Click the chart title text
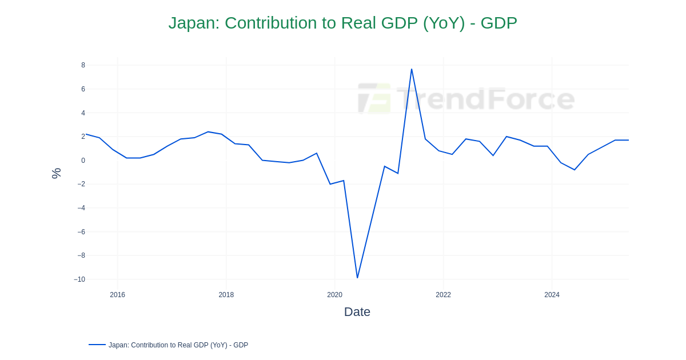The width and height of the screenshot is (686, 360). pyautogui.click(x=342, y=23)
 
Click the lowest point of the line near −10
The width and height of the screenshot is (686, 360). pyautogui.click(x=357, y=278)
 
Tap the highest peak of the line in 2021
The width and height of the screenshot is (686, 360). pyautogui.click(x=412, y=69)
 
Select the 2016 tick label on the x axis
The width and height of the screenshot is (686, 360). pyautogui.click(x=117, y=295)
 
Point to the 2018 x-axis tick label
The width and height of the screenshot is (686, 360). pyautogui.click(x=226, y=295)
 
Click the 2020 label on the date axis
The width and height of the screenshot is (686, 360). pyautogui.click(x=334, y=295)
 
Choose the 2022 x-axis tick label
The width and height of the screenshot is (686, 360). pyautogui.click(x=443, y=295)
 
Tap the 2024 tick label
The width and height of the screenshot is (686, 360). pyautogui.click(x=552, y=295)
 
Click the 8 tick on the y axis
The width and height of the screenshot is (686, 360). pyautogui.click(x=83, y=65)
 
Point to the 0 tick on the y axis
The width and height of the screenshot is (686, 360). pyautogui.click(x=83, y=161)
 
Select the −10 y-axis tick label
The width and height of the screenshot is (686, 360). pyautogui.click(x=79, y=279)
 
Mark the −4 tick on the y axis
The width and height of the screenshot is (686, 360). pyautogui.click(x=81, y=208)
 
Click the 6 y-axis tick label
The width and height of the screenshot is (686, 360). pyautogui.click(x=83, y=89)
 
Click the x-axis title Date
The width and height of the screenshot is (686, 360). pyautogui.click(x=357, y=312)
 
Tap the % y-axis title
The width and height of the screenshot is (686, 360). pyautogui.click(x=56, y=173)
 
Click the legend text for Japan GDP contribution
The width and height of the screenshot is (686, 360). pyautogui.click(x=178, y=345)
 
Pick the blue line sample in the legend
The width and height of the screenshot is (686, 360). pyautogui.click(x=97, y=345)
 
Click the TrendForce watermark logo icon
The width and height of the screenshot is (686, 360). pyautogui.click(x=374, y=98)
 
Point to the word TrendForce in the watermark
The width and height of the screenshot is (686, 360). pyautogui.click(x=485, y=99)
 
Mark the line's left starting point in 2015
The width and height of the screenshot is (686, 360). pyautogui.click(x=86, y=134)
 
